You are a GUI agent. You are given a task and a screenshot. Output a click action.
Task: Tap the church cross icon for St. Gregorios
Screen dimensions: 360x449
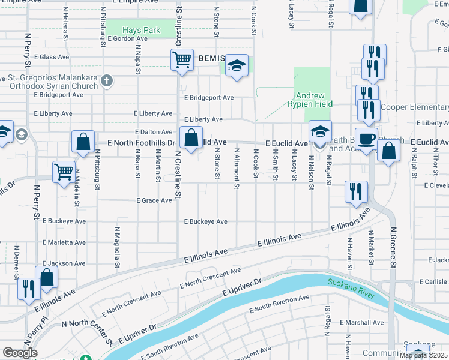(x=107, y=80)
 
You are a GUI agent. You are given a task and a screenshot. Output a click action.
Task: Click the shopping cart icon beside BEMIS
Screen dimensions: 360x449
(x=182, y=59)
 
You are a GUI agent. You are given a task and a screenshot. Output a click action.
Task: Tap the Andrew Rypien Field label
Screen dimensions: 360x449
(x=311, y=100)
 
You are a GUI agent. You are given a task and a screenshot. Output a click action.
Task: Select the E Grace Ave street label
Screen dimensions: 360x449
(x=155, y=200)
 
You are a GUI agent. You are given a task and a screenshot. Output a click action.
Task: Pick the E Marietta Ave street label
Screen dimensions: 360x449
(x=64, y=242)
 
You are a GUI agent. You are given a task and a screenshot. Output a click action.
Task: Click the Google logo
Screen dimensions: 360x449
(x=20, y=353)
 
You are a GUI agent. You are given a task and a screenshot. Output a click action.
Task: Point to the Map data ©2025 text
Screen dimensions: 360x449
(x=424, y=355)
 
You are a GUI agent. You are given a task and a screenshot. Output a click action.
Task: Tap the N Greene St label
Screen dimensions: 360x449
(x=394, y=247)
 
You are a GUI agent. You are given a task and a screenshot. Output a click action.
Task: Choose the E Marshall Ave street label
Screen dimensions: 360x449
(x=361, y=322)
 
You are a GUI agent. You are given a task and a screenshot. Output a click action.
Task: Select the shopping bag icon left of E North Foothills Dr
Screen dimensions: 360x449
(x=83, y=142)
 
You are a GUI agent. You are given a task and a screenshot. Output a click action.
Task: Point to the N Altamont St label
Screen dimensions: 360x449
(x=237, y=164)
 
